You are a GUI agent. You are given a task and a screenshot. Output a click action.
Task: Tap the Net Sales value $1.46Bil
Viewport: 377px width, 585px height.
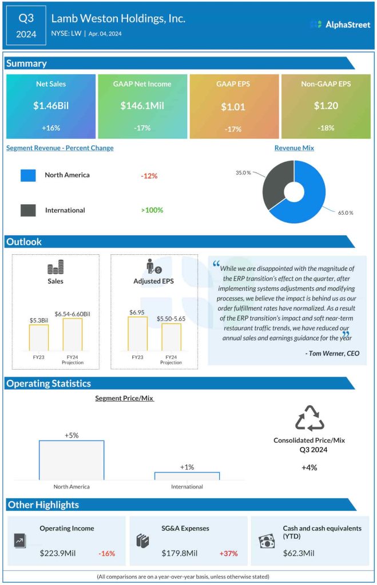(x=50, y=106)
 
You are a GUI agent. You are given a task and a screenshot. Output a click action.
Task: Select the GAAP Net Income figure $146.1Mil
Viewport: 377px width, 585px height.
(x=142, y=106)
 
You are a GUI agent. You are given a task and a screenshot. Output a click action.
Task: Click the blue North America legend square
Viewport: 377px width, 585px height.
(x=29, y=175)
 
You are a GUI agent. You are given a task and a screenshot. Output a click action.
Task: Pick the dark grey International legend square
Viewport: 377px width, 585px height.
(x=29, y=210)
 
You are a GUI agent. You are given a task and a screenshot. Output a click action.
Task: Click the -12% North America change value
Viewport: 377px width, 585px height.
(x=149, y=175)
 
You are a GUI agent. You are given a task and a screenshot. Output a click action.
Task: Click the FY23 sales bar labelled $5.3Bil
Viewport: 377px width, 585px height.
(x=39, y=338)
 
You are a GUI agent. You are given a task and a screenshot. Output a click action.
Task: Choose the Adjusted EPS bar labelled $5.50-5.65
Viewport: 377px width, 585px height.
(x=171, y=337)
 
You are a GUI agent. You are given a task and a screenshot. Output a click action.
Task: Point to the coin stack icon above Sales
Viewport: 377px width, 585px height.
(x=55, y=267)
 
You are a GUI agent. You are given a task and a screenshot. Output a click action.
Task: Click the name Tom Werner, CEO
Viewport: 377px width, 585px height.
(x=332, y=354)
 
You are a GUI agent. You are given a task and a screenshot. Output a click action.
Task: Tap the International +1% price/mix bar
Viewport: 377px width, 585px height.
(x=187, y=475)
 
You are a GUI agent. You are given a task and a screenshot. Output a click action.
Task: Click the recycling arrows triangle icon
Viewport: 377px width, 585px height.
(x=309, y=418)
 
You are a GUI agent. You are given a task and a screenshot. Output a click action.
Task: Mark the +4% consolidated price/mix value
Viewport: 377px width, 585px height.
(x=309, y=467)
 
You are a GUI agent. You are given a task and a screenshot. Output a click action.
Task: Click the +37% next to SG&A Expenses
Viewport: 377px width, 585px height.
(x=228, y=553)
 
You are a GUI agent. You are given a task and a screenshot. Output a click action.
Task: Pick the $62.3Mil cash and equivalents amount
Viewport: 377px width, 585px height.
(x=299, y=553)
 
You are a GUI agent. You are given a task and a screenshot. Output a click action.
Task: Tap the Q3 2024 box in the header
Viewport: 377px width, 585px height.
(x=26, y=26)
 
